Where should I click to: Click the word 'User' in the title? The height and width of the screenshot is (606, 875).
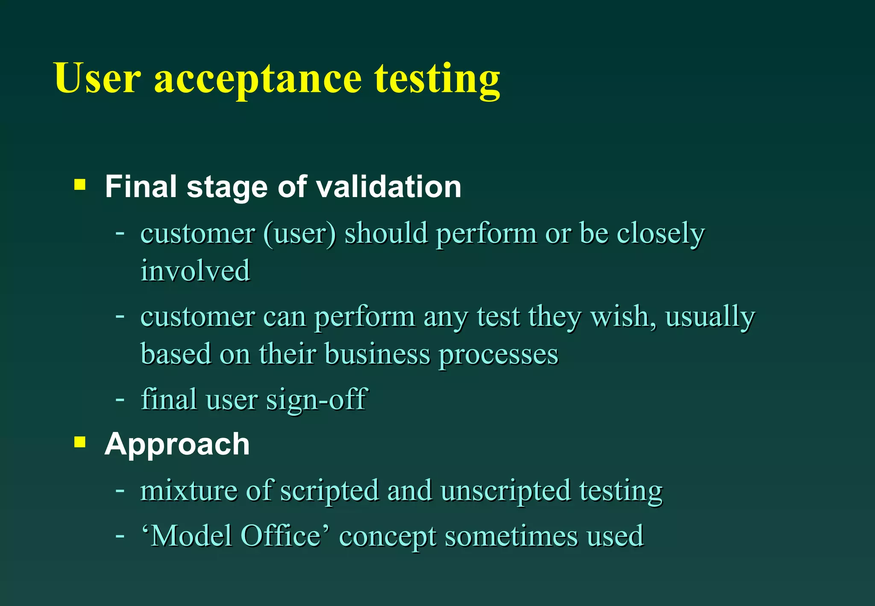point(97,78)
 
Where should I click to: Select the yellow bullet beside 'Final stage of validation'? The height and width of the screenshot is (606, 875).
point(80,185)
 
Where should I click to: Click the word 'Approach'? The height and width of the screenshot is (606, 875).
point(177,445)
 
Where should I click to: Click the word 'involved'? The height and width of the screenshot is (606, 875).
point(195,271)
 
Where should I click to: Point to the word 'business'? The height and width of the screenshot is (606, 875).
point(377,354)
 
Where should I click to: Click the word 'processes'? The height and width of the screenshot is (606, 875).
point(499,355)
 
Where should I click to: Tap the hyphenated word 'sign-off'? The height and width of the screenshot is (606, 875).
point(317,400)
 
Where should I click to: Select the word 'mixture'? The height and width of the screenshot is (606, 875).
point(189,490)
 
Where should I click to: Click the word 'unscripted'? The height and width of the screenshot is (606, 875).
point(505,491)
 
